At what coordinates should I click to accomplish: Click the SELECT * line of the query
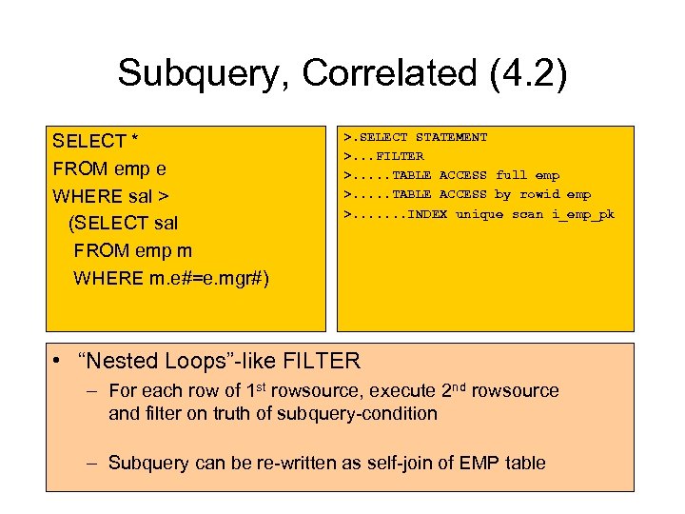(96, 142)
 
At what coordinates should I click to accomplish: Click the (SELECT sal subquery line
(123, 224)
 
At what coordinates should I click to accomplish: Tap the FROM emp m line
(132, 251)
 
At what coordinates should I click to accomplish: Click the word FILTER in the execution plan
(401, 156)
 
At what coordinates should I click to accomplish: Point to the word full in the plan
(511, 175)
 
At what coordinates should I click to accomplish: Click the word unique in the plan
(479, 214)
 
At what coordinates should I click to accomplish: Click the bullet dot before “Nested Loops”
(59, 362)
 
